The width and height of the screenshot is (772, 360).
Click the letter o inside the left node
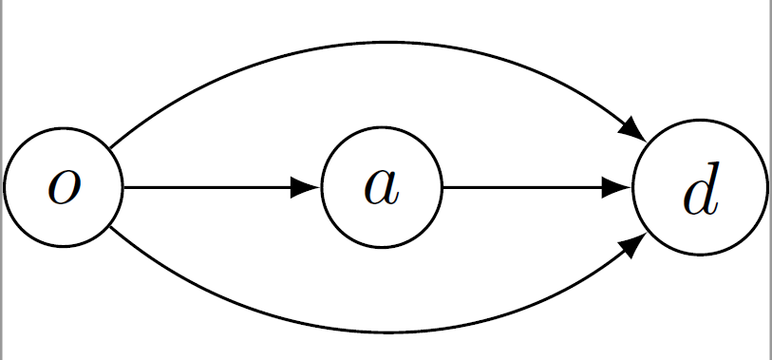click(64, 188)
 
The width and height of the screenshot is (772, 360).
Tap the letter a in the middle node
click(382, 188)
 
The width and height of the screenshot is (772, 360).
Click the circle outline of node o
click(64, 129)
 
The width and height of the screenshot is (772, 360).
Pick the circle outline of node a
click(382, 129)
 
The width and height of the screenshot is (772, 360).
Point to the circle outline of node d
click(700, 121)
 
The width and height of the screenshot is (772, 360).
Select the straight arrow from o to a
click(209, 188)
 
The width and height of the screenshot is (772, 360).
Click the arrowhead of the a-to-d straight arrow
click(618, 188)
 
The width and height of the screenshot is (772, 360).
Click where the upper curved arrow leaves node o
click(109, 148)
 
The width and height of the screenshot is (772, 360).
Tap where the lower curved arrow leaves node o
click(109, 228)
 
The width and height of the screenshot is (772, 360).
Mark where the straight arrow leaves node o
click(124, 188)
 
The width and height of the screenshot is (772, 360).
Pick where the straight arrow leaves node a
click(442, 188)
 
